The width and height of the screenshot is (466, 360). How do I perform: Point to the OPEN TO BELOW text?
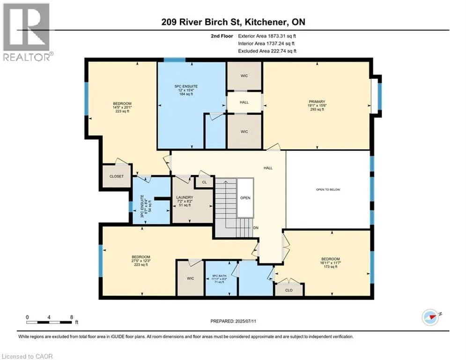coord(328,189)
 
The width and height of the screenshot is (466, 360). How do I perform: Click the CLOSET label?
coord(117,176)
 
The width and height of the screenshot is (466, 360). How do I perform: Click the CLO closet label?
coord(289,290)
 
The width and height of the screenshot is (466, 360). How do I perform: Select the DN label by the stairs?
coord(256,228)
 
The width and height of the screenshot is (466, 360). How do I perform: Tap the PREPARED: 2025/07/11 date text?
coord(233,321)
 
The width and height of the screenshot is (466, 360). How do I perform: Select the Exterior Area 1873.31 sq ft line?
coord(267,36)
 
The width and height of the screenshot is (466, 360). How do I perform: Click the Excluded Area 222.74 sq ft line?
coord(267,51)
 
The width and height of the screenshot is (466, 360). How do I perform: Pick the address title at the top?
coord(233,22)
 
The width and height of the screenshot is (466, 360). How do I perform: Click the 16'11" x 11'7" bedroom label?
coord(331,263)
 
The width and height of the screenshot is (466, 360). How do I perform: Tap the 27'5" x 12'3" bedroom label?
coord(141,261)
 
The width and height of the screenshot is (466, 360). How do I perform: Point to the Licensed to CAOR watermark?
coord(27,356)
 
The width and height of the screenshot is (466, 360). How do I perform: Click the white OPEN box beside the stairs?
coord(245,198)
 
